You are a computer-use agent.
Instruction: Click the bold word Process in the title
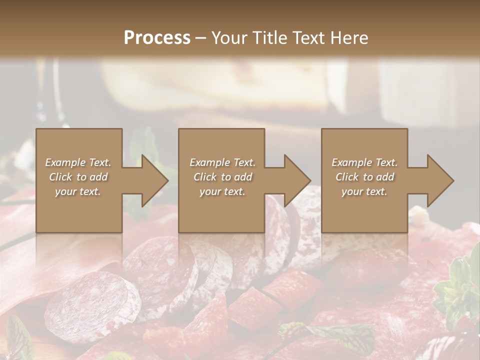(157, 38)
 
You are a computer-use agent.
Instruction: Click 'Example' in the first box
(64, 162)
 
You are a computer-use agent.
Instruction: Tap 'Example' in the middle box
(209, 162)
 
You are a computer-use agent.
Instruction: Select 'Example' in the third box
(351, 162)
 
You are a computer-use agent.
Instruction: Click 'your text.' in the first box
(78, 191)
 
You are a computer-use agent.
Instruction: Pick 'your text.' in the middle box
(222, 191)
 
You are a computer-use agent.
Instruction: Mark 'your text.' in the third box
(364, 191)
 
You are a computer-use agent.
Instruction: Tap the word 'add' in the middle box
(243, 177)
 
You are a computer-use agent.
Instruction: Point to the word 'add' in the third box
(385, 177)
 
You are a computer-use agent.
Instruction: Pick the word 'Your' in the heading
(228, 38)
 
